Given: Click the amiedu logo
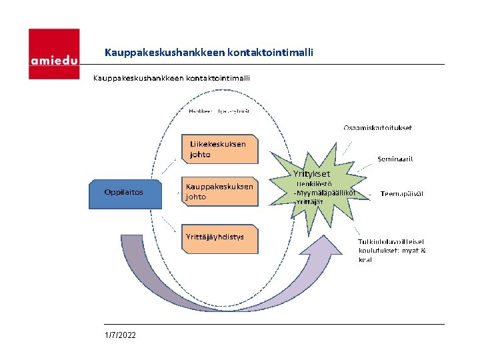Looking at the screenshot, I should point(53,53).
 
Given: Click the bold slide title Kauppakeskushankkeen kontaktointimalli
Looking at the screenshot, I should point(209,51).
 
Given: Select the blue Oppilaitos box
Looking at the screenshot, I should point(125,193).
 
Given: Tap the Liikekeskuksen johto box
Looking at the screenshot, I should point(219,149).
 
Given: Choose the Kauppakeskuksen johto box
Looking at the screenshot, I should point(219,192).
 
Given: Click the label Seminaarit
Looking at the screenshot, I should point(395,159).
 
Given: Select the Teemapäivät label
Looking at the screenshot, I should point(401,193).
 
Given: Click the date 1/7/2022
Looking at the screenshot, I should point(120,335).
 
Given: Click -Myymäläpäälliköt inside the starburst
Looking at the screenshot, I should point(325,193).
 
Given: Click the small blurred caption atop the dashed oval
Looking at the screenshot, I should point(214,111).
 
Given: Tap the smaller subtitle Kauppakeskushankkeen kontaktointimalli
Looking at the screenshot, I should point(171,77).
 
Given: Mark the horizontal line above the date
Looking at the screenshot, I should point(267,324).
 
